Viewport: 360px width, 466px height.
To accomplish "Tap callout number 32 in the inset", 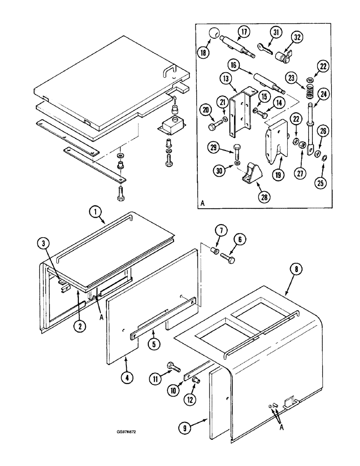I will (x=297, y=37).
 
